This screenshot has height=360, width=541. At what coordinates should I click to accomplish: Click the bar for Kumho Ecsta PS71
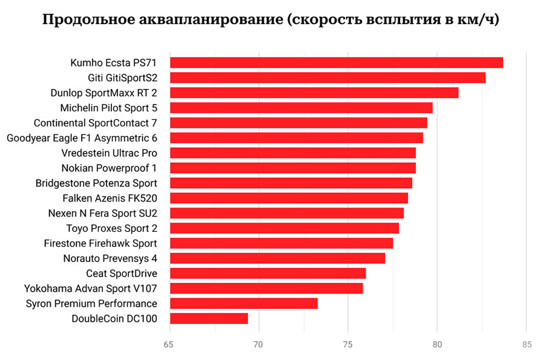coord(336,62)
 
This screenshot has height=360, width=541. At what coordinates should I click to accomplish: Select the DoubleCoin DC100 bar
coord(209,318)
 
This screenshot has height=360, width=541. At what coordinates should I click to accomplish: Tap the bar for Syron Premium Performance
coord(244,303)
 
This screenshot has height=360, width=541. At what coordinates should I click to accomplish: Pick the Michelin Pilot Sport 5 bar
coord(301,108)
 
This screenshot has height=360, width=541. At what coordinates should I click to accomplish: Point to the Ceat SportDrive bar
coord(268,273)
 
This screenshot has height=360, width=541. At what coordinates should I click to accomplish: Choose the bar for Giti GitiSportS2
coord(327,77)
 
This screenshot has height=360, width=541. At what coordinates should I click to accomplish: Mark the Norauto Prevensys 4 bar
coord(278,258)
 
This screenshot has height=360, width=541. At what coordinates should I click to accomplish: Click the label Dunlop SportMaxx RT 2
coord(103,93)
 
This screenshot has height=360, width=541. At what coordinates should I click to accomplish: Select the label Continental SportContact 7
coord(95,123)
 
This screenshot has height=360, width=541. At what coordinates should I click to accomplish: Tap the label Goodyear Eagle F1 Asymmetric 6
coord(82,138)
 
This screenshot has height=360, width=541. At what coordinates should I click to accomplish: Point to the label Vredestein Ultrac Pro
coord(109,153)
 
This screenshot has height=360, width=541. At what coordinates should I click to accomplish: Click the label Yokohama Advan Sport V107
coord(90,289)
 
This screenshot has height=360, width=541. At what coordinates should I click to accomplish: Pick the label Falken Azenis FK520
coord(110,198)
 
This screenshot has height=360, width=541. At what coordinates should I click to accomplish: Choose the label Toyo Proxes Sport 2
coord(111,228)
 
